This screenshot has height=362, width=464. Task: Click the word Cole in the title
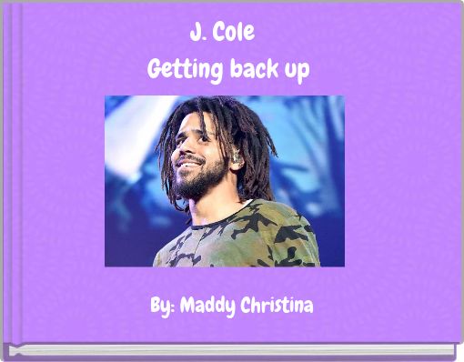tap(236, 35)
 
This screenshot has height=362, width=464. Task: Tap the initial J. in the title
tap(197, 35)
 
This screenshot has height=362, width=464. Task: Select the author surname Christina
tap(276, 306)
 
